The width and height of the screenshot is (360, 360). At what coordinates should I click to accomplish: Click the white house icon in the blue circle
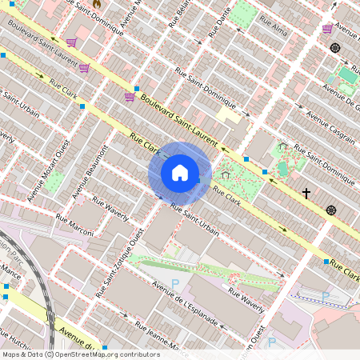180,172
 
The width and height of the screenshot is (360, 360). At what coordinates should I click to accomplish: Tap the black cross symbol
306,193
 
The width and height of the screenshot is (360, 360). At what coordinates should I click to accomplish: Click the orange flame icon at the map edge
98,3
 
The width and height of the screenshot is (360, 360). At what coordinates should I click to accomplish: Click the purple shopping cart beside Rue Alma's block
327,29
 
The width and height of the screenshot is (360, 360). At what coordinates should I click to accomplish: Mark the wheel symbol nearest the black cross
331,210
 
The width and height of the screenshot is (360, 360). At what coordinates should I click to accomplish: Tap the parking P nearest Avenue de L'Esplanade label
175,284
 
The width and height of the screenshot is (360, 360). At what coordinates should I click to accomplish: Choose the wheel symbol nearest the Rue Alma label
334,48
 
